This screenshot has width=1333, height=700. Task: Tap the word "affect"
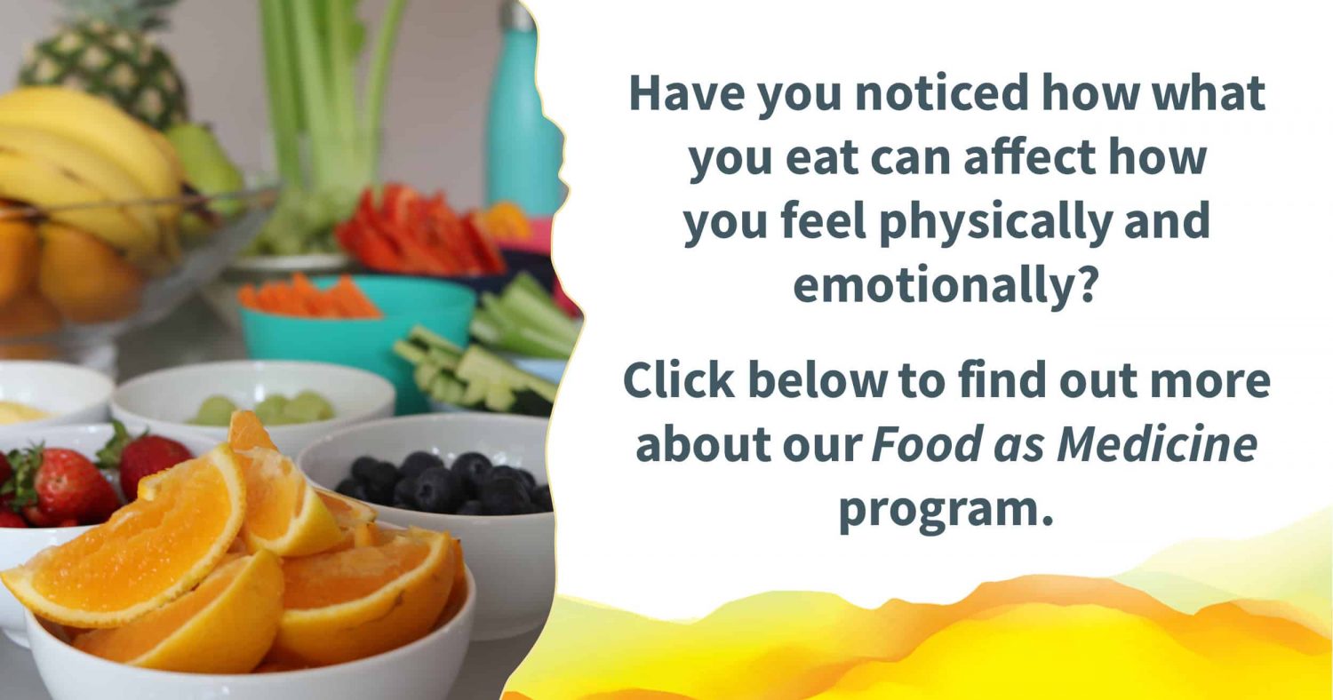click(x=1029, y=156)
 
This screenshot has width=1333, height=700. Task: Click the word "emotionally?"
click(x=945, y=285)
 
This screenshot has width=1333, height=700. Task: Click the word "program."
click(x=946, y=510)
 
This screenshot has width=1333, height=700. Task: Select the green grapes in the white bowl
click(x=262, y=409)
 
